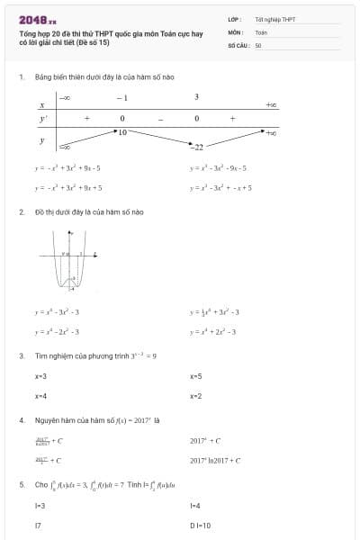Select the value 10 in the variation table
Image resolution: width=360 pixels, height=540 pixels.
click(122, 132)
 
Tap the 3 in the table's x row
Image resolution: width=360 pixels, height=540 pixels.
click(196, 97)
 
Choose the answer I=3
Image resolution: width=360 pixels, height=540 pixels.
click(40, 506)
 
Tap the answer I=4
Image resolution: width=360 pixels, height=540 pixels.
click(195, 506)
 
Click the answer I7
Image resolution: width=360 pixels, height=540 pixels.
click(38, 525)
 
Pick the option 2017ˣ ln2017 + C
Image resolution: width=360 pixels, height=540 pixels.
click(215, 460)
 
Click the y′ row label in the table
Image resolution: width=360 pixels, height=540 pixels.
click(42, 118)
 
